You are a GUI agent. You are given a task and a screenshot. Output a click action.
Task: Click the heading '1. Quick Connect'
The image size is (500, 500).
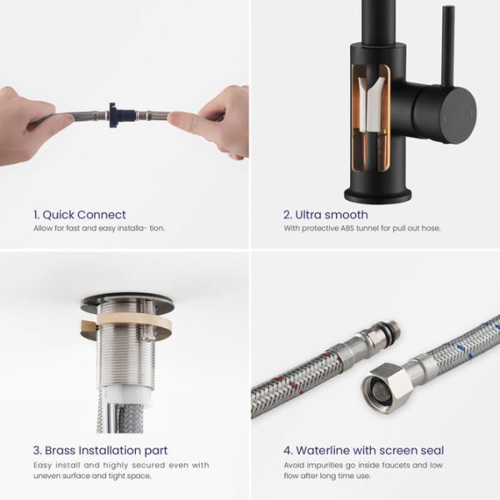[x=80, y=215]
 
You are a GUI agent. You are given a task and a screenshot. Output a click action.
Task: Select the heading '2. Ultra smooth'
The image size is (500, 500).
[x=326, y=215]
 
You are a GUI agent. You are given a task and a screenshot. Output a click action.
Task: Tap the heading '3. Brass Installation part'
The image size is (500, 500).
[x=101, y=450]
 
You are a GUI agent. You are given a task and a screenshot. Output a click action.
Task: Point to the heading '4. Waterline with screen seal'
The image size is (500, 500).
[x=363, y=450]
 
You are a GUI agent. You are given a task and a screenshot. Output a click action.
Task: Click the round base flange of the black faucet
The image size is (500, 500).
[x=377, y=194]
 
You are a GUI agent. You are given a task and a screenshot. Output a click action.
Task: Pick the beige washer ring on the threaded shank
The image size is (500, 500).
[x=127, y=322]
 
